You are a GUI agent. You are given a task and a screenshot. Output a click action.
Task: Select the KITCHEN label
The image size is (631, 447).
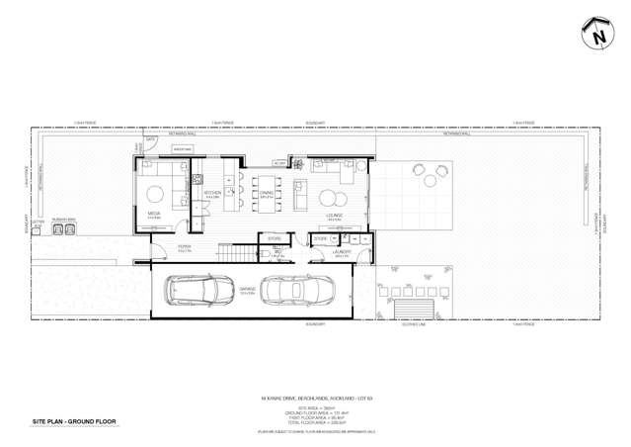[212, 194]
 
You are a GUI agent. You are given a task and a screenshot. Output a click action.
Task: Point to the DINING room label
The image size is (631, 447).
[265, 194]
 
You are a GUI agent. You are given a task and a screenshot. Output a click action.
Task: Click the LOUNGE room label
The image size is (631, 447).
[334, 214]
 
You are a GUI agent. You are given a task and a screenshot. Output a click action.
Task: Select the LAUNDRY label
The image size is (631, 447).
[343, 252]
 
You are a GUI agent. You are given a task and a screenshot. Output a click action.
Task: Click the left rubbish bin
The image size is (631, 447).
[59, 229]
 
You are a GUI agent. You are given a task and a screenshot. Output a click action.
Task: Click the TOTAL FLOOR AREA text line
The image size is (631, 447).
[314, 422]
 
